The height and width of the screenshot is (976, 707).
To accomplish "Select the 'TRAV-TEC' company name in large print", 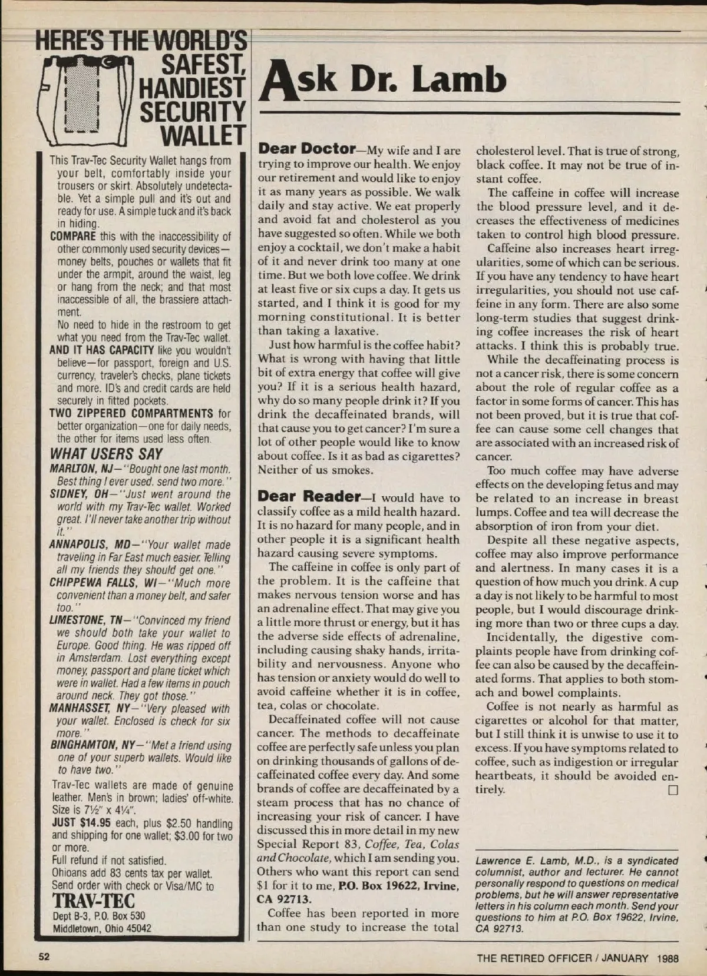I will point(94,901).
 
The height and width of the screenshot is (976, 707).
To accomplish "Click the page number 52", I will point(45,957).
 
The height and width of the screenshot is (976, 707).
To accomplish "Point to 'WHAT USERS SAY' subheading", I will point(106,454).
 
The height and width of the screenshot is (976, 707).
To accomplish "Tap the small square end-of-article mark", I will point(673,790).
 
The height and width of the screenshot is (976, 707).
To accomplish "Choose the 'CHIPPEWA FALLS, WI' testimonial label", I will point(101,583).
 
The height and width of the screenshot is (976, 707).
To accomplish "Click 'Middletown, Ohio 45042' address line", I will point(102,928).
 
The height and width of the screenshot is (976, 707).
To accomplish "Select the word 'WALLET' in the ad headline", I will point(203,136).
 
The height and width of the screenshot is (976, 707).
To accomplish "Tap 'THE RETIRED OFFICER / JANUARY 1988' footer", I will point(577,958).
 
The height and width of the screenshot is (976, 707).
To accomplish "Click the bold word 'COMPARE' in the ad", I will point(73,237).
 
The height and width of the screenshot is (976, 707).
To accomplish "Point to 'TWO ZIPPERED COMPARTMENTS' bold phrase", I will point(131,413).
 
